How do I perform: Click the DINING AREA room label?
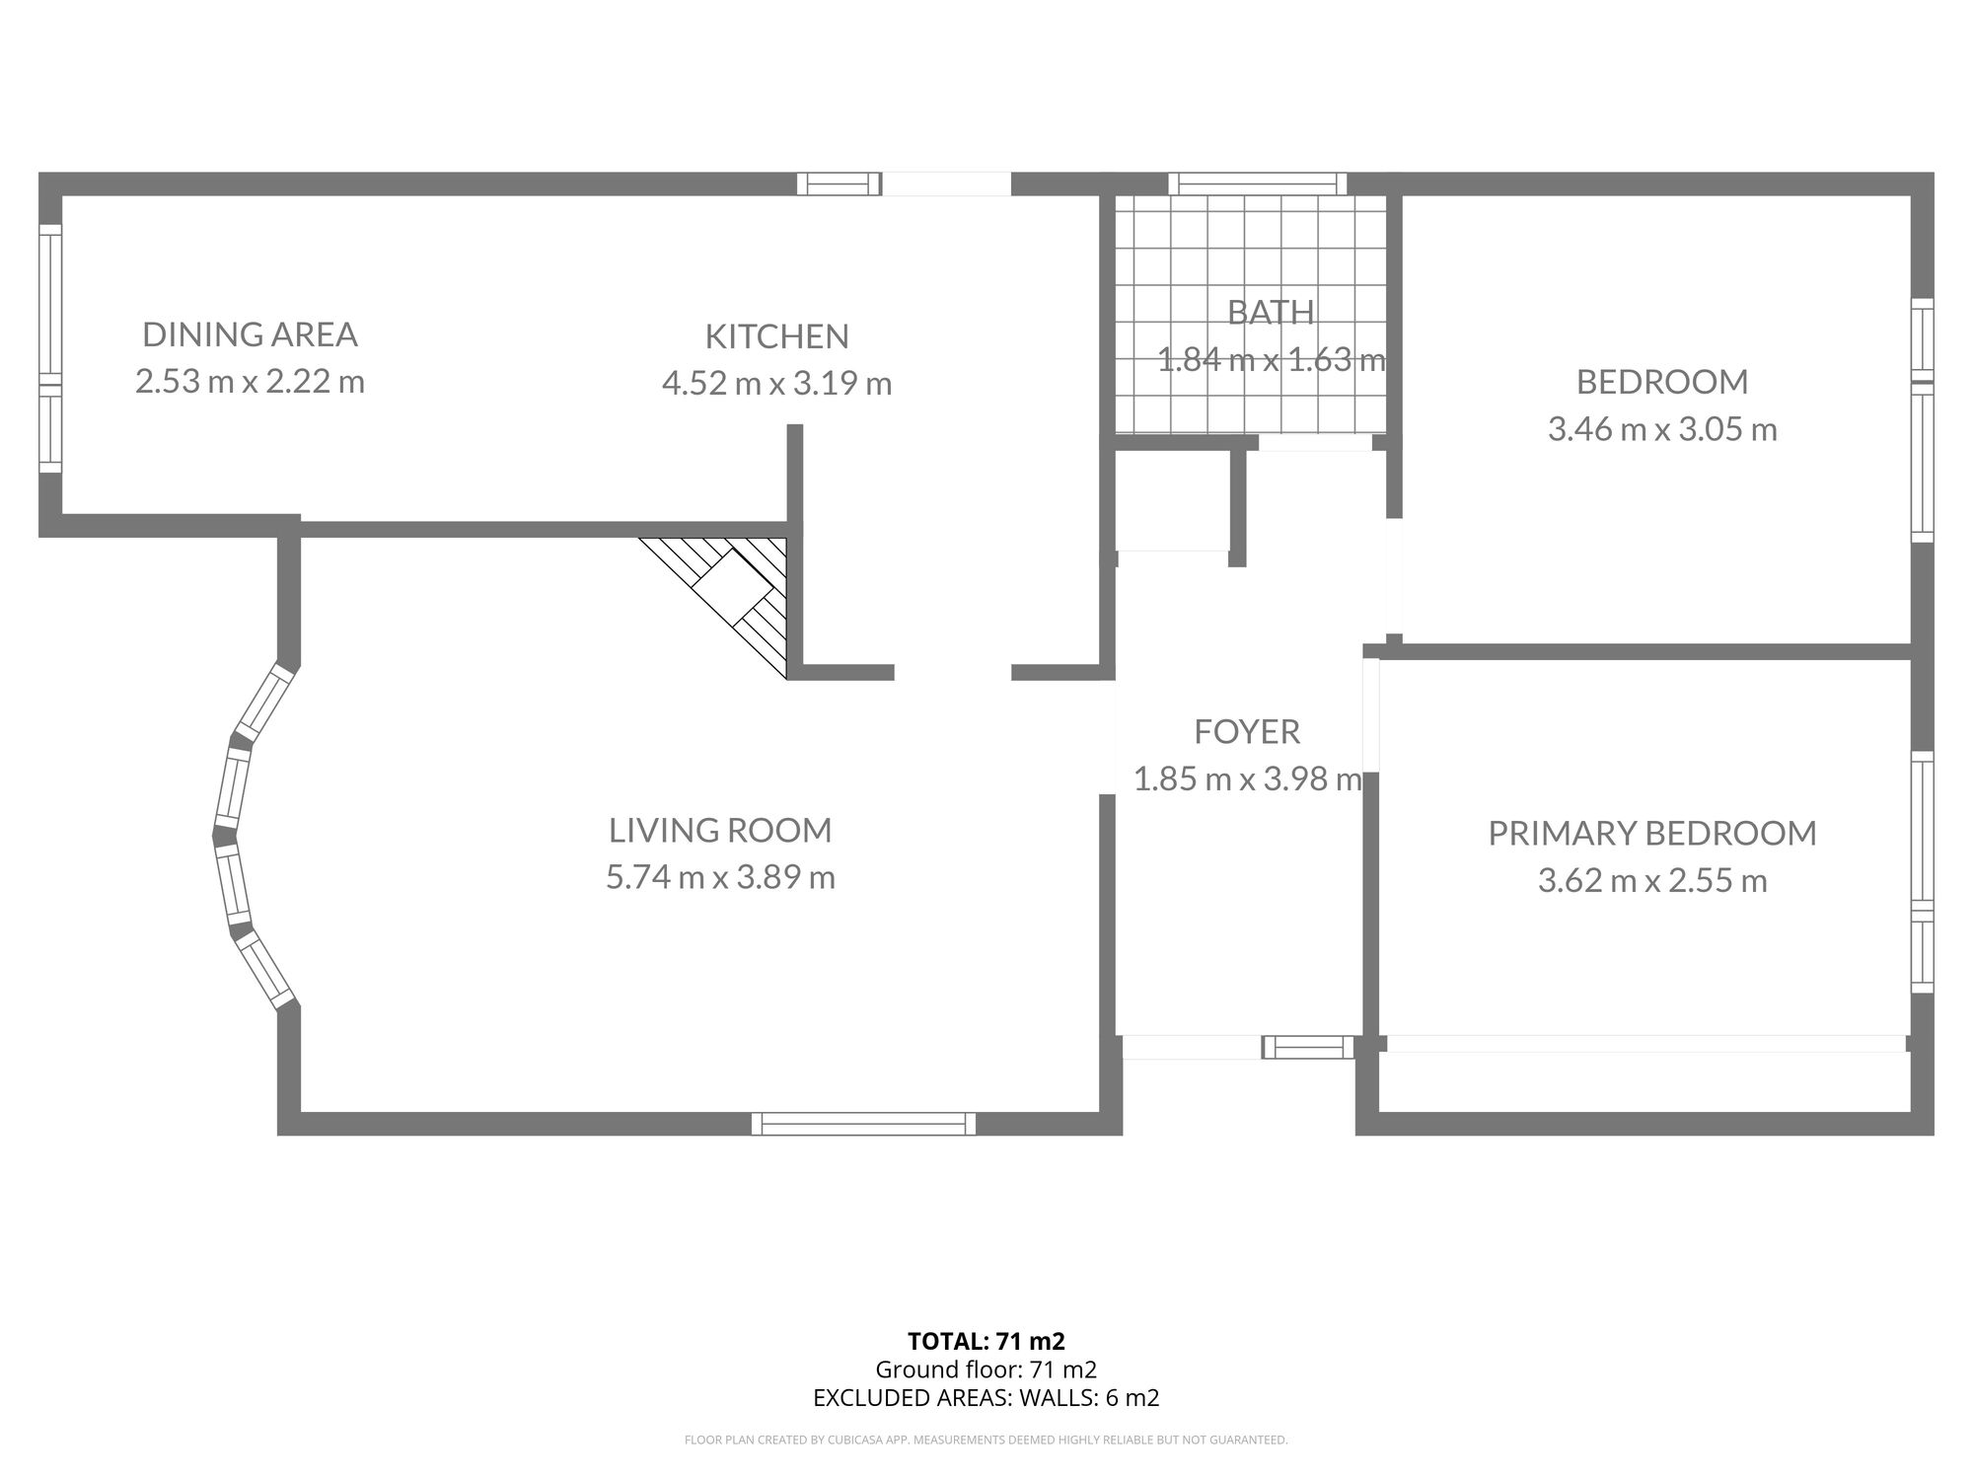click(250, 334)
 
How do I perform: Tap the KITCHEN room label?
click(776, 336)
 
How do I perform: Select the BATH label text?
click(1271, 312)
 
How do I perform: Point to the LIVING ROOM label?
click(720, 830)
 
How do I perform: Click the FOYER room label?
click(1247, 731)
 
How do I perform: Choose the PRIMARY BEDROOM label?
click(1652, 833)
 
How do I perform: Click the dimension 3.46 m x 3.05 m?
click(1662, 429)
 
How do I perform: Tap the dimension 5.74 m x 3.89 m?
click(720, 877)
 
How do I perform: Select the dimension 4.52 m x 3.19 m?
click(776, 383)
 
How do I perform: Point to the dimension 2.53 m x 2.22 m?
click(250, 381)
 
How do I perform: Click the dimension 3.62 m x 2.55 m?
click(1652, 880)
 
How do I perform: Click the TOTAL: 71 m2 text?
click(986, 1341)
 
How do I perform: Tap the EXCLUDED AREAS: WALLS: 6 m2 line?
click(986, 1397)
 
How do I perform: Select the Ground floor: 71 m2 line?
click(986, 1369)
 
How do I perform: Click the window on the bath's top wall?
click(1257, 184)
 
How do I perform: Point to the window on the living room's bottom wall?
click(863, 1123)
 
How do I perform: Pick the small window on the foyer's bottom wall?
click(1309, 1047)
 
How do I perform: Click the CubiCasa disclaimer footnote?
click(986, 1441)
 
